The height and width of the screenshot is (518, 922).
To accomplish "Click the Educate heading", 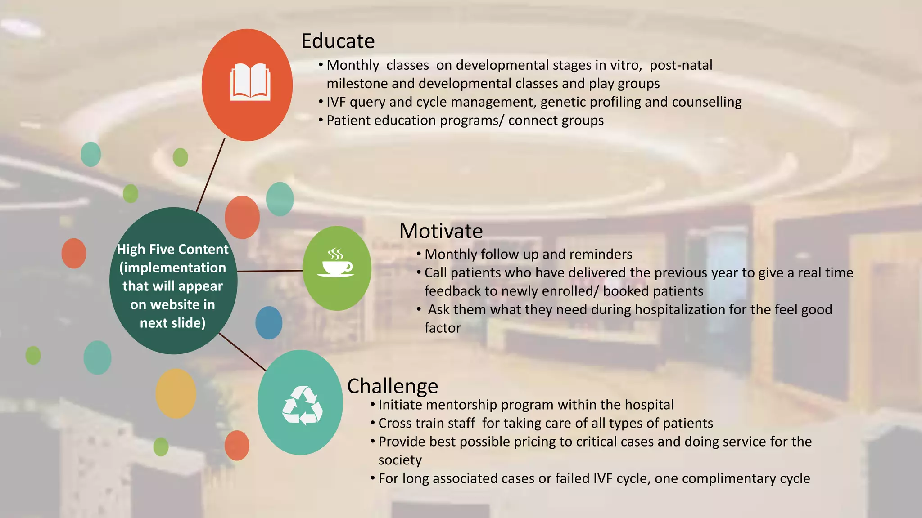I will coord(338,41).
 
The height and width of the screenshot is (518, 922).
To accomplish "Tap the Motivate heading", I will coord(441,231).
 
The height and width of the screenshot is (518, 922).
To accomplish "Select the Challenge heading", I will coord(393,386).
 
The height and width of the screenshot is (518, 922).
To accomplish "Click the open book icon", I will coord(250,82).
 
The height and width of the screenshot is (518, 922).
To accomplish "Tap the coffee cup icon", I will coord(336,263).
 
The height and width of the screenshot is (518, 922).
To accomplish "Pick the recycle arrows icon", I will coord(302,406).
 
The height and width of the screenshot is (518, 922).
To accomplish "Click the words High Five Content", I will coord(172,249).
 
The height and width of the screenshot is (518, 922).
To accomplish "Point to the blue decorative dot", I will coord(269,322).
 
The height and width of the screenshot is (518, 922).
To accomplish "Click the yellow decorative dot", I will coord(176,393).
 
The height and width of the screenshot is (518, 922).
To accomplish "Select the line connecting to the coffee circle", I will coord(270,271).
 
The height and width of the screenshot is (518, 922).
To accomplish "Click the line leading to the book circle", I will coord(211,175).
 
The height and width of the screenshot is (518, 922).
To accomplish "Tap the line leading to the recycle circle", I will coord(242,352).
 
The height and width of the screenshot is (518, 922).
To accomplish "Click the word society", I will coord(400,460).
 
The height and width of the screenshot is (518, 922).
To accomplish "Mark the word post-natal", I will coord(681,65).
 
